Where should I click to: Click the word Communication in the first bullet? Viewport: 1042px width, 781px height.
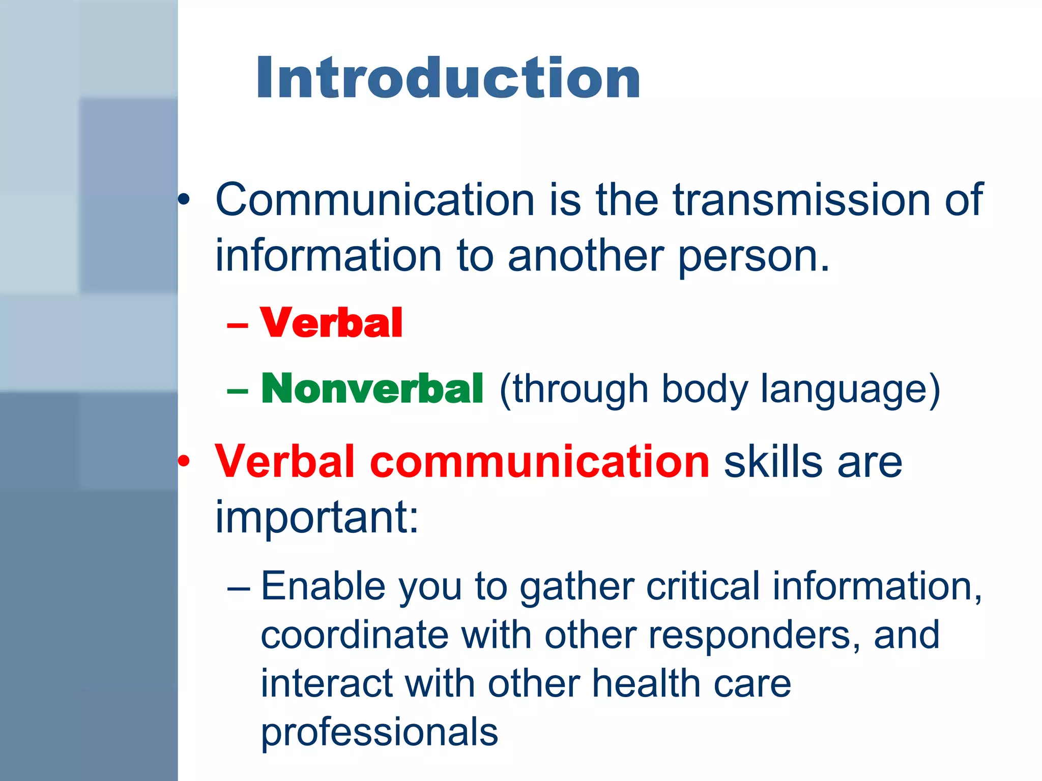coord(375,200)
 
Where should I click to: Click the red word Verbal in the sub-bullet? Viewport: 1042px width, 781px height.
coord(331,323)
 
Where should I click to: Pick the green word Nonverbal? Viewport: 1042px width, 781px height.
coord(372,389)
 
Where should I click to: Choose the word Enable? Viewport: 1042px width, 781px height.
coord(323,586)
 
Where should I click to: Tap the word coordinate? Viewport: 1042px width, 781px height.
coord(355,635)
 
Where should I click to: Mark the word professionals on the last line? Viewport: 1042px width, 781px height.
coord(379,733)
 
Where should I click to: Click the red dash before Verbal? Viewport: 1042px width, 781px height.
coord(238,325)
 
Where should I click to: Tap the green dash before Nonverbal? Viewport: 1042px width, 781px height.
coord(238,390)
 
